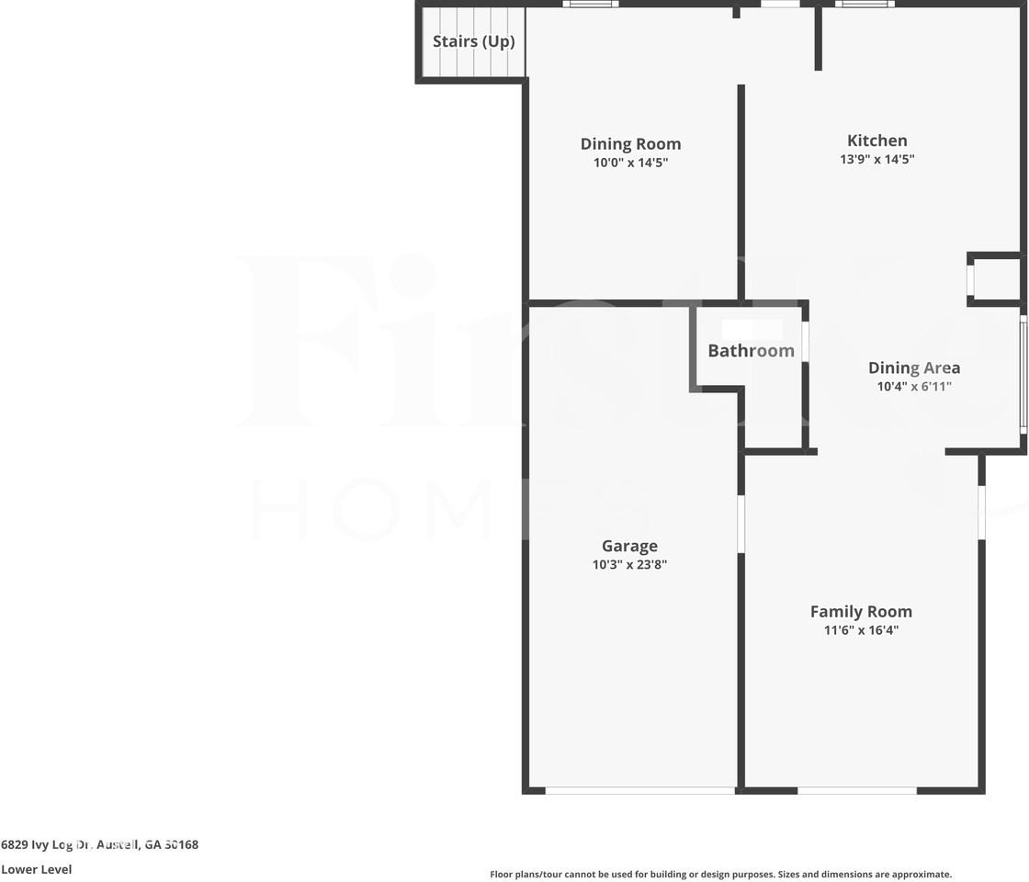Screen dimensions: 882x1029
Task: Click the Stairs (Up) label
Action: pyautogui.click(x=473, y=41)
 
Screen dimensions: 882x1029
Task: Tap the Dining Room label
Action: pyautogui.click(x=630, y=143)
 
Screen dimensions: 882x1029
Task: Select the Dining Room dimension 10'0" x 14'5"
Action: pyautogui.click(x=630, y=163)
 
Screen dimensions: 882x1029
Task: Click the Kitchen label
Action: pyautogui.click(x=876, y=141)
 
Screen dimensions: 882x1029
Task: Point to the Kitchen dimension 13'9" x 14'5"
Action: pyautogui.click(x=876, y=159)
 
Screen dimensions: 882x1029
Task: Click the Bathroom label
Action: pyautogui.click(x=751, y=350)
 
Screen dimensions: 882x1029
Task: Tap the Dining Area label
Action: pyautogui.click(x=914, y=367)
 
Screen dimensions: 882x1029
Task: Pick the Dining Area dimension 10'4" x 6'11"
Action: pyautogui.click(x=914, y=387)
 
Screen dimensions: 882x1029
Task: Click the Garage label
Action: pyautogui.click(x=629, y=546)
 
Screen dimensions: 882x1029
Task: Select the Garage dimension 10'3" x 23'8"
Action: pyautogui.click(x=629, y=565)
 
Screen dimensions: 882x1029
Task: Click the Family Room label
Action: pyautogui.click(x=861, y=611)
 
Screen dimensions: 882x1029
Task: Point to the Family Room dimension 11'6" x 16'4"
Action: pyautogui.click(x=861, y=630)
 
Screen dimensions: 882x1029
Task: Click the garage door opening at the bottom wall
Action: pyautogui.click(x=639, y=789)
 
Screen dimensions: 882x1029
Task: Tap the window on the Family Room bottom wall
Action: pyautogui.click(x=856, y=789)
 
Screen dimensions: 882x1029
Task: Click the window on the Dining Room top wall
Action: pyautogui.click(x=590, y=4)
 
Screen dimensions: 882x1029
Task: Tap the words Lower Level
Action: pyautogui.click(x=37, y=869)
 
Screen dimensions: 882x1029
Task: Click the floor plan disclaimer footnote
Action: pyautogui.click(x=720, y=875)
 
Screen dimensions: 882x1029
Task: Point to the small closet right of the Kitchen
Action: pyautogui.click(x=996, y=278)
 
